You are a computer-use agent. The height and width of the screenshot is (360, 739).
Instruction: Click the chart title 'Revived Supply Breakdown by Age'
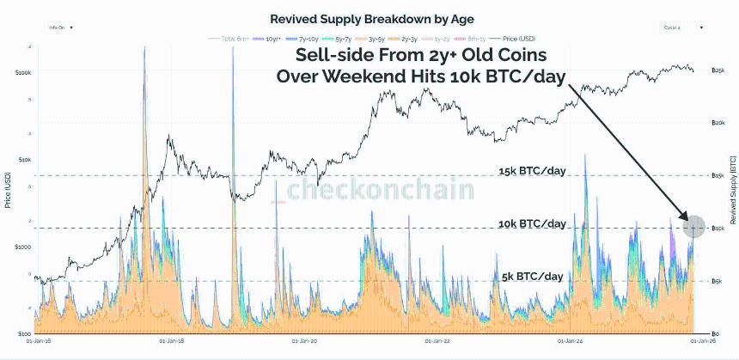[x=359, y=18]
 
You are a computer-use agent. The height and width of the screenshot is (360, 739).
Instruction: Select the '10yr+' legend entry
[x=272, y=40]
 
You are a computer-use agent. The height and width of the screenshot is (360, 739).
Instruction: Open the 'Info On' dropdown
[x=60, y=27]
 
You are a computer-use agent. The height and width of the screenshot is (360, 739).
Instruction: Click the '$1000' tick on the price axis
[x=22, y=247]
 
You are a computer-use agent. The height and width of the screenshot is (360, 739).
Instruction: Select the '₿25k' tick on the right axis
[x=719, y=70]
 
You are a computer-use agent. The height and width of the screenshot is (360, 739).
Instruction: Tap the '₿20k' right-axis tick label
[x=719, y=123]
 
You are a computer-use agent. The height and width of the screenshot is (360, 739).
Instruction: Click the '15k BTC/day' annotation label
[x=533, y=172]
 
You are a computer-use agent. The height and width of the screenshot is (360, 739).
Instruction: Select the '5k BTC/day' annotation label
[x=533, y=276]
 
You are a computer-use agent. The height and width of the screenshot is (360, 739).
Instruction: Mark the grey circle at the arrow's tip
[x=693, y=228]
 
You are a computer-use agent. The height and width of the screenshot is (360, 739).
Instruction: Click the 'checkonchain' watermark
[x=381, y=190]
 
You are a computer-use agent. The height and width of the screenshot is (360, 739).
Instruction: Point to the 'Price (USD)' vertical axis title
[x=8, y=189]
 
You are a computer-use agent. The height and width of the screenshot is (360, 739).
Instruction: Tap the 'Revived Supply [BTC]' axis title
[x=732, y=189]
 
